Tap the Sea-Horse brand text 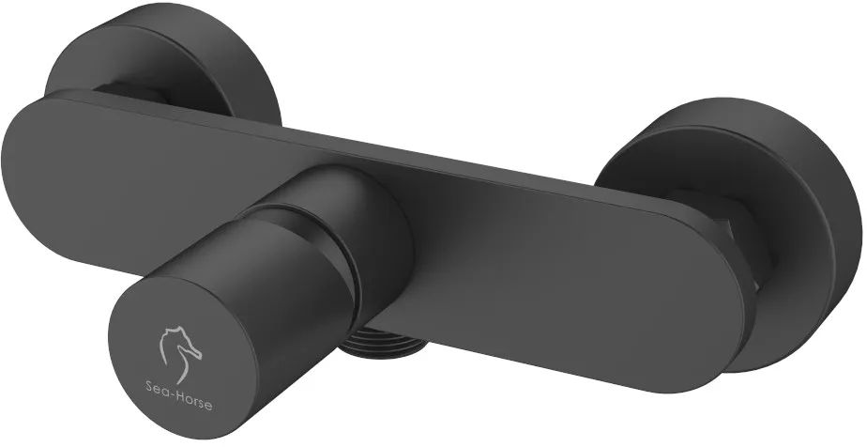(x=178, y=405)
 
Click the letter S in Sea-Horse (x=149, y=403)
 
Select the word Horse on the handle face (x=193, y=406)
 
